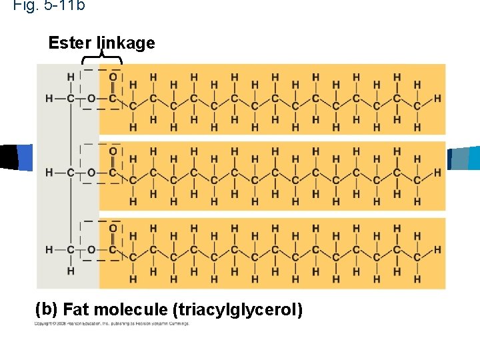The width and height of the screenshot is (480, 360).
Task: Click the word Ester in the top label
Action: [70, 43]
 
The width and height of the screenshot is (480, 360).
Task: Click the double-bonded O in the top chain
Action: [113, 77]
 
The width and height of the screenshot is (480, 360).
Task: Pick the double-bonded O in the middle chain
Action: [113, 152]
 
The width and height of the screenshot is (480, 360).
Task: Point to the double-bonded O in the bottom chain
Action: [113, 229]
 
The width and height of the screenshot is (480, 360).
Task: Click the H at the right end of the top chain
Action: [437, 99]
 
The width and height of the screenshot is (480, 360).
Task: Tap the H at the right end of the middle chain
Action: [437, 173]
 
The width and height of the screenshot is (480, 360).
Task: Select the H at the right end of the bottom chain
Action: [437, 249]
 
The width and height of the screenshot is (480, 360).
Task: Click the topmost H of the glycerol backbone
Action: [71, 77]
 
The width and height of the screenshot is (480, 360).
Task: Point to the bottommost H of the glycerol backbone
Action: [71, 271]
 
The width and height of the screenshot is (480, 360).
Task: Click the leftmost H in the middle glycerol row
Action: [49, 173]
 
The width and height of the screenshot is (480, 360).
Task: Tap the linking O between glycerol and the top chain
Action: [92, 99]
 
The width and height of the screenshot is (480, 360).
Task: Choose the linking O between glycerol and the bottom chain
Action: [92, 249]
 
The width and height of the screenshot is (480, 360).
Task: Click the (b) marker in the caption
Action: [46, 310]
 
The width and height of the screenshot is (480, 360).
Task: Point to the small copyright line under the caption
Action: [112, 324]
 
